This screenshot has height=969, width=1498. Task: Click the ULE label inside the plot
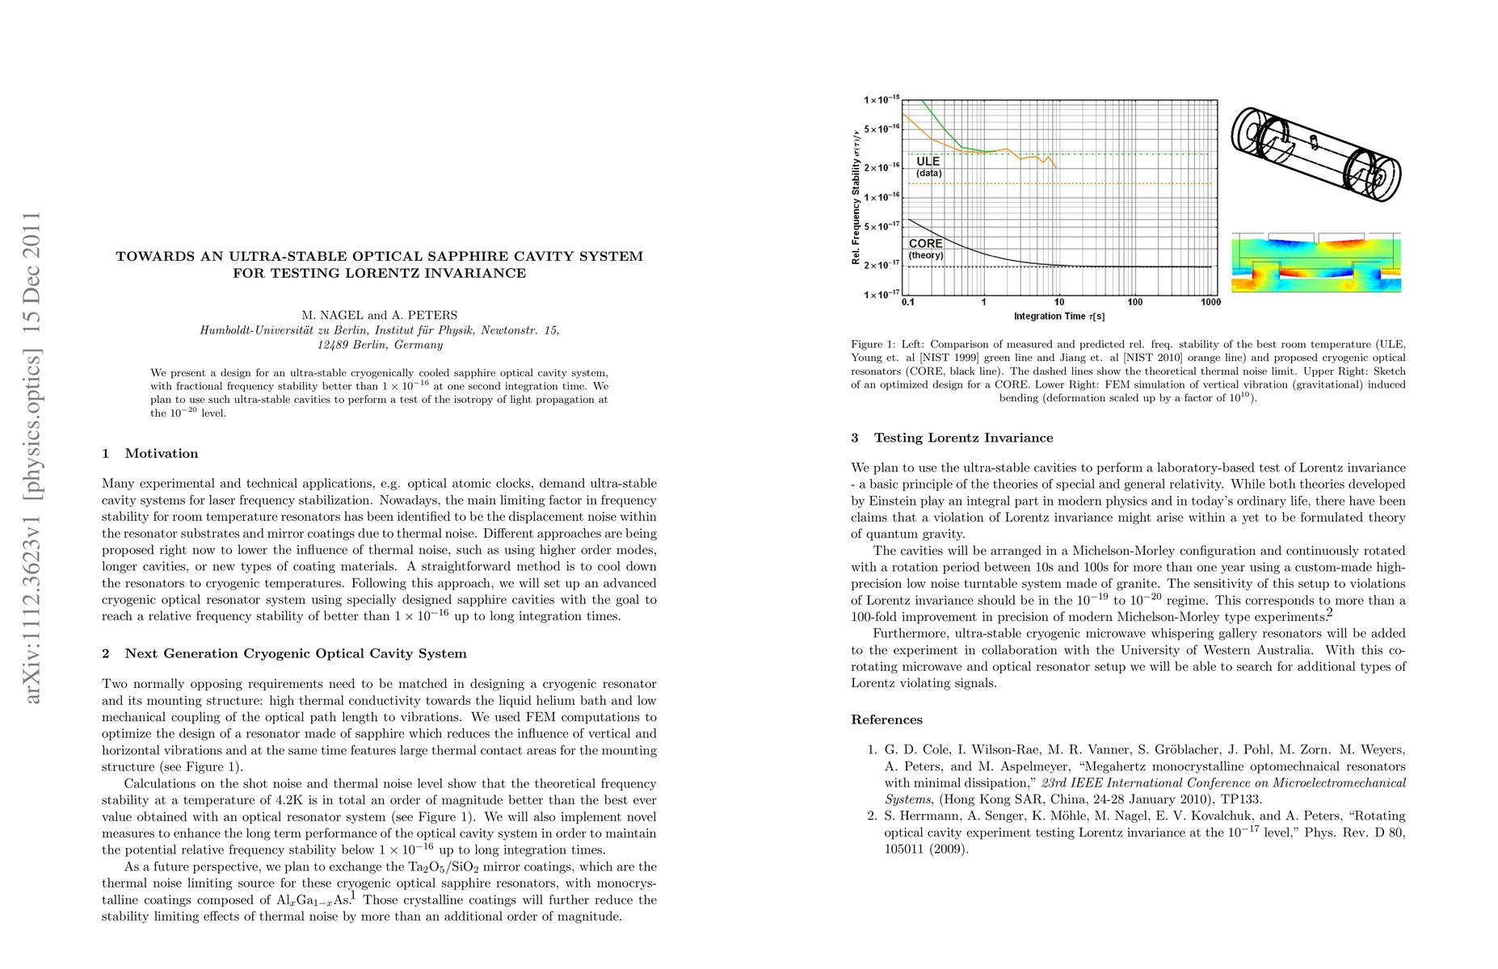click(928, 161)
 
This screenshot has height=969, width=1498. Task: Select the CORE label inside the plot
click(925, 243)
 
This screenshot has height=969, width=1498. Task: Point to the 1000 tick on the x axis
click(1210, 302)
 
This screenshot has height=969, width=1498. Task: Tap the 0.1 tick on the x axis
click(908, 302)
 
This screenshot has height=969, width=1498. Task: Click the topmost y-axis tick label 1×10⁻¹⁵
click(882, 100)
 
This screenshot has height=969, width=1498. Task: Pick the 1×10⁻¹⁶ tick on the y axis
click(882, 197)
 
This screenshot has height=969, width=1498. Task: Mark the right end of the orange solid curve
click(1056, 167)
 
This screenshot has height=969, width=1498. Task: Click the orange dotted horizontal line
click(1131, 184)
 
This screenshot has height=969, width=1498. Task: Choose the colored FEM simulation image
click(1315, 262)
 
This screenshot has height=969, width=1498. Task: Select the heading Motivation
click(161, 454)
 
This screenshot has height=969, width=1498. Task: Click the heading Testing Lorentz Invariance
click(963, 438)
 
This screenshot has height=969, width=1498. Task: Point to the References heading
click(886, 720)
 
